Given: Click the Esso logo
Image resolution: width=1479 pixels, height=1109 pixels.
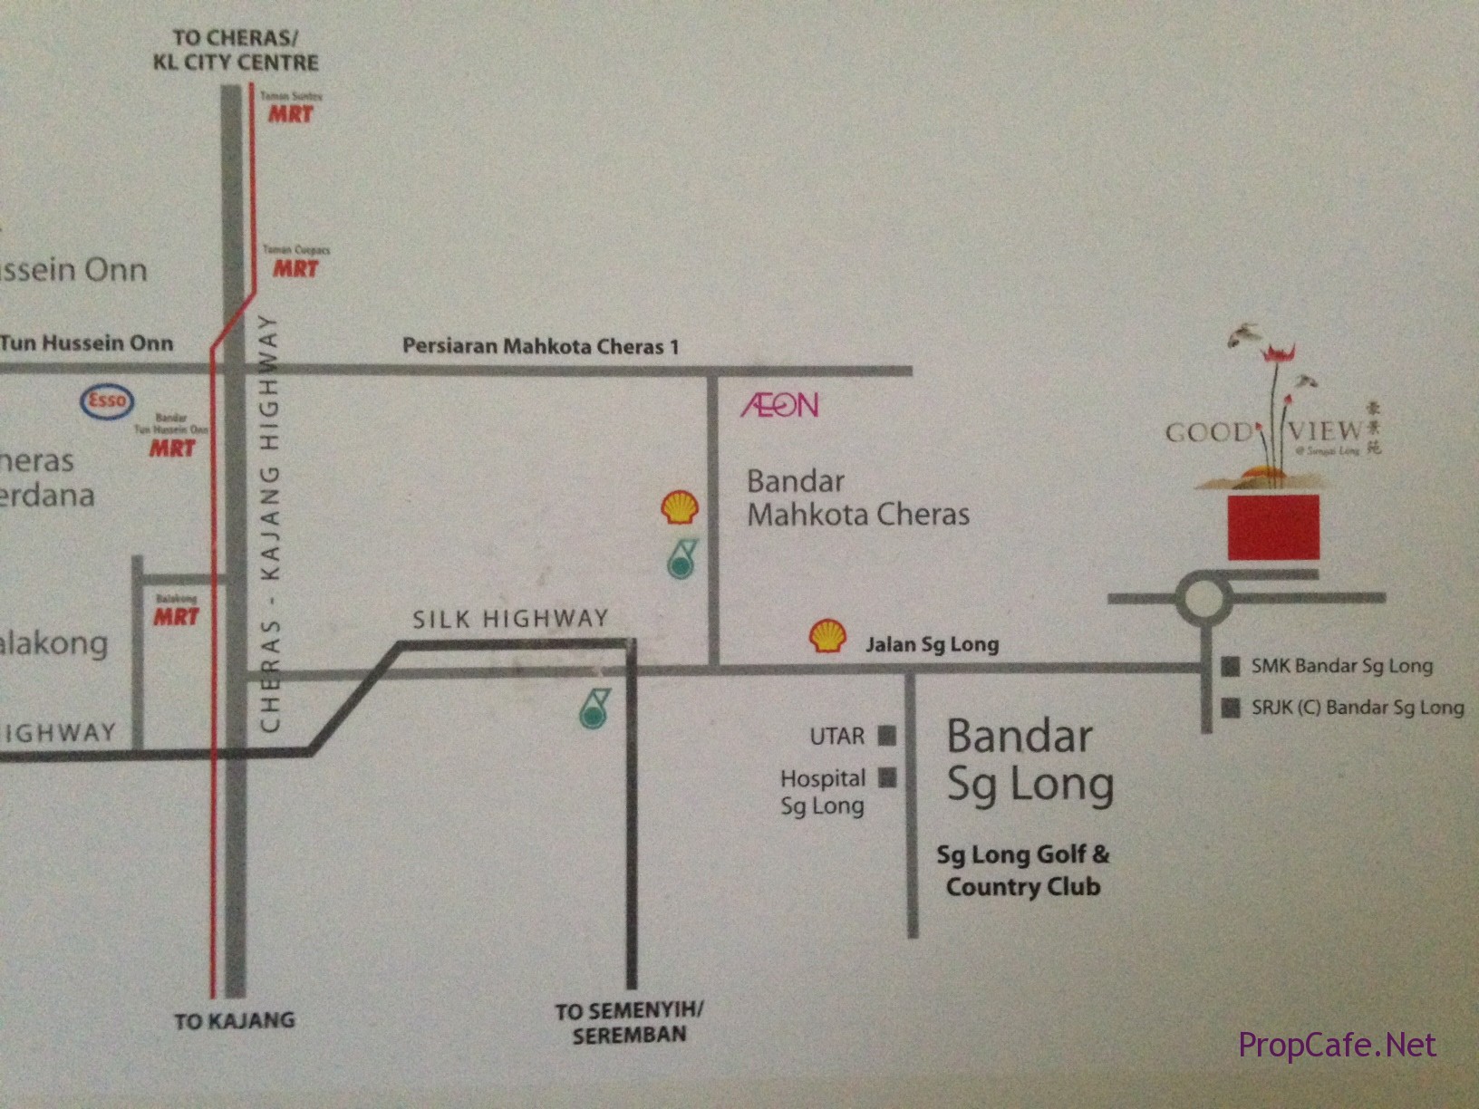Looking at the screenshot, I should click(107, 401).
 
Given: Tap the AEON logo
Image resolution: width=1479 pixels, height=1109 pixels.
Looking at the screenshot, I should click(780, 405).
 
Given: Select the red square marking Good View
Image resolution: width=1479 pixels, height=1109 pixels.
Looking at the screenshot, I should click(1273, 527).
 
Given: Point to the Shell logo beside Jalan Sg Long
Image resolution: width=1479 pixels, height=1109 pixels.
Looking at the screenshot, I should click(827, 636).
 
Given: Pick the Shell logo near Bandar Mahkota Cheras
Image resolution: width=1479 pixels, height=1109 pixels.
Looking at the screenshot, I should click(680, 508).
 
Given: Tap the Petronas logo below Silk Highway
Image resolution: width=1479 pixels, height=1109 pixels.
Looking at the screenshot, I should click(594, 708).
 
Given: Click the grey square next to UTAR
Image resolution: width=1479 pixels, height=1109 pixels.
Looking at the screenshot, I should click(887, 736).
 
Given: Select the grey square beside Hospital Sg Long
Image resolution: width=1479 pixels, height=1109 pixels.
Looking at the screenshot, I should click(888, 777).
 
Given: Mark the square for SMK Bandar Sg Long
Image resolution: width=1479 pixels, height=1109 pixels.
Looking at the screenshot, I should click(1230, 667).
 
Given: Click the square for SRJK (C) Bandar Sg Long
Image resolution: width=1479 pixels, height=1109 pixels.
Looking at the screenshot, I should click(1230, 708).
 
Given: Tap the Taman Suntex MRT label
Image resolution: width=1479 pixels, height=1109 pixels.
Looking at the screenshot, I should click(291, 109).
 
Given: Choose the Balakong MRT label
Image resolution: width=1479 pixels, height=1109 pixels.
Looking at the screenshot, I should click(176, 612).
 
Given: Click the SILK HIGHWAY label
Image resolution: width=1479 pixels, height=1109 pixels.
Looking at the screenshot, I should click(510, 620).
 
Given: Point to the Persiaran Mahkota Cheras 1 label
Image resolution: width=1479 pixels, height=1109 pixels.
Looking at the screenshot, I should click(540, 346).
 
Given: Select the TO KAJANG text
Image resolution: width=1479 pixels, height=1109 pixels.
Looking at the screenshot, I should click(235, 1021).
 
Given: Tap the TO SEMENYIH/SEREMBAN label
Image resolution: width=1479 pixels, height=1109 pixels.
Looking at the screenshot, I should click(629, 1023).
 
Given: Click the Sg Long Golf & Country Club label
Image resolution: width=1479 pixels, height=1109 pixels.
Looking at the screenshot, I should click(1023, 870).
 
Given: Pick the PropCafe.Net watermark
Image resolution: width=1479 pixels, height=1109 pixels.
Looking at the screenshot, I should click(1337, 1046).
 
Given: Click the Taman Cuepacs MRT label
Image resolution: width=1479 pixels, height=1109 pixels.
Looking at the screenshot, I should click(296, 264).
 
